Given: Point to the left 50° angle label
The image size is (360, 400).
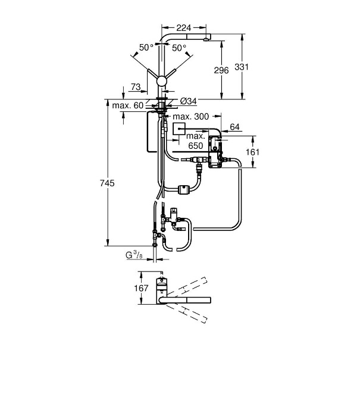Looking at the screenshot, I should pos(146,47).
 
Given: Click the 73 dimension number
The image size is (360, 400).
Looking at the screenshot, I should pos(136,88).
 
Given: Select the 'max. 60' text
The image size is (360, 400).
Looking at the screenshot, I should pos(128,106).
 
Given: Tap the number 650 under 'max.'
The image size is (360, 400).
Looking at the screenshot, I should pos(195,145).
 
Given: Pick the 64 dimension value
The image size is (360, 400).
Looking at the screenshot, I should pos(234,126).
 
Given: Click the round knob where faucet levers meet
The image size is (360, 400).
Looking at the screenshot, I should pos(160,82).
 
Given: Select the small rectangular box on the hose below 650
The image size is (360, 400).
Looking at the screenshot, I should pos(183,190).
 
